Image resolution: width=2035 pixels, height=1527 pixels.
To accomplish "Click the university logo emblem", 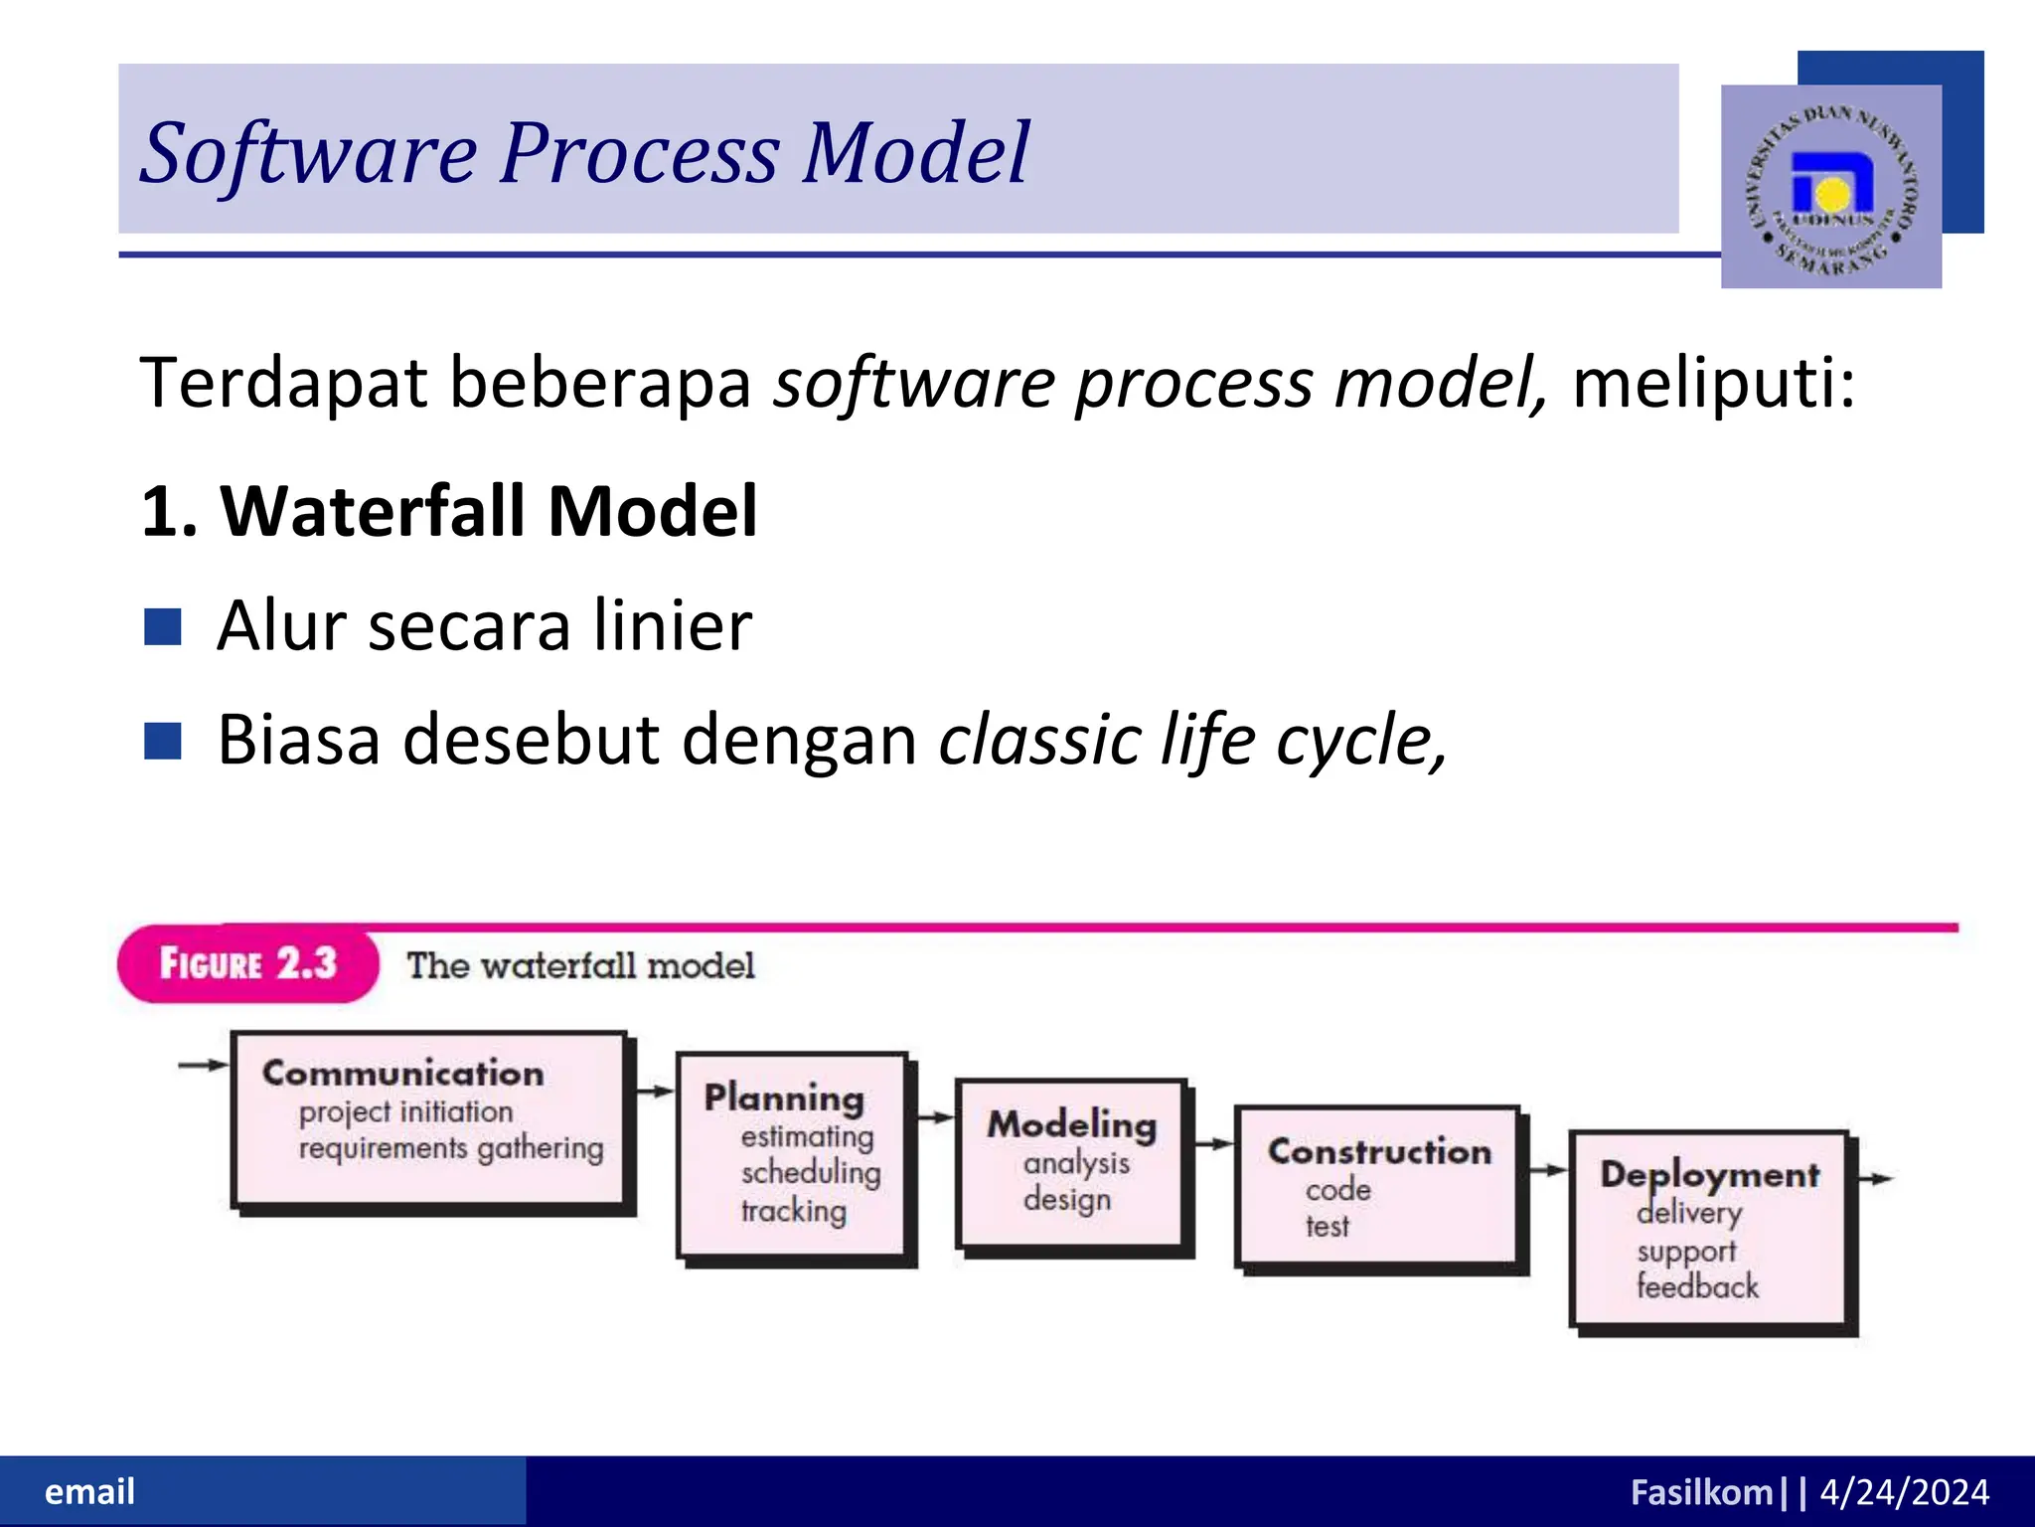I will (x=1830, y=188).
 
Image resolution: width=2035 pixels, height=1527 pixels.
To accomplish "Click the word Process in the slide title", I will (x=638, y=153).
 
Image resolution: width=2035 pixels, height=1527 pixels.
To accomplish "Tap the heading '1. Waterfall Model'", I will (x=449, y=511).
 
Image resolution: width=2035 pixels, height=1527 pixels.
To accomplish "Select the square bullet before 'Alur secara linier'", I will (x=162, y=627).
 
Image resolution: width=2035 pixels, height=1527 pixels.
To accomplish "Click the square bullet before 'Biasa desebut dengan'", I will (x=162, y=741).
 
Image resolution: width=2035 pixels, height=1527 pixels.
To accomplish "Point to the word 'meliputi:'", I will (x=1713, y=383).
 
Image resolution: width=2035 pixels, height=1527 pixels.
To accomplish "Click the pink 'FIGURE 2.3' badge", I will (x=248, y=963).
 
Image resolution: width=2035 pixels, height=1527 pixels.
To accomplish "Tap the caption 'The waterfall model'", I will (x=580, y=965).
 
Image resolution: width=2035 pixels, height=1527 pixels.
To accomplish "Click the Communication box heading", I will (x=402, y=1073).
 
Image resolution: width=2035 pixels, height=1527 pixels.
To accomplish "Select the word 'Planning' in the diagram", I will (x=783, y=1098).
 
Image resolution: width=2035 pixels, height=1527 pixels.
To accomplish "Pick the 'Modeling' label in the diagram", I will (x=1071, y=1124).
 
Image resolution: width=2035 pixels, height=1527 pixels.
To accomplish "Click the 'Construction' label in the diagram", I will (x=1379, y=1151).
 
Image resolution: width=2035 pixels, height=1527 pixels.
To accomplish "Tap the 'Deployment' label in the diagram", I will (x=1709, y=1175).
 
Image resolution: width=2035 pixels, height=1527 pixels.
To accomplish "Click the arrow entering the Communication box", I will (x=203, y=1065).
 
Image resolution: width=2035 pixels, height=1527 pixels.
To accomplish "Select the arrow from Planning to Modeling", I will (x=935, y=1117).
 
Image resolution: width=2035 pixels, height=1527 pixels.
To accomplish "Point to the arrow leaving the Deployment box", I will (x=1875, y=1179).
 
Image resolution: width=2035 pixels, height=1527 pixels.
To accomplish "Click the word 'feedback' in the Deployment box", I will (x=1697, y=1286).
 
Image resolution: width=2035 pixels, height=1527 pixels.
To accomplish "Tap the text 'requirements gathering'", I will (x=451, y=1148).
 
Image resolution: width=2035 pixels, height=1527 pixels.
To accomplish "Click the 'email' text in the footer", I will (x=89, y=1491).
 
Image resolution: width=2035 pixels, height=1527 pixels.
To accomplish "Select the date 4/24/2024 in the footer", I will (x=1904, y=1492).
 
